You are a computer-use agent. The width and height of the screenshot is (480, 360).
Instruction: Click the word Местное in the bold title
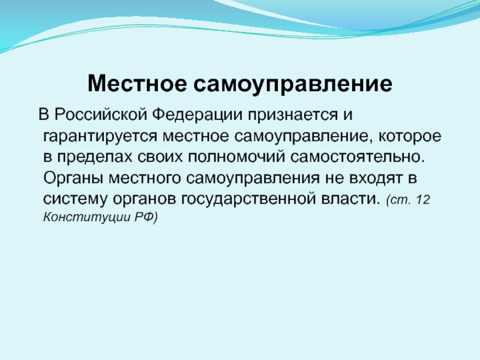pos(137,83)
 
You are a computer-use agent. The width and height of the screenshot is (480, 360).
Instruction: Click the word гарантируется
pos(100,137)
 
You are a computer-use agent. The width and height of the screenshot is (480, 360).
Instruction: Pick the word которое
pos(410,137)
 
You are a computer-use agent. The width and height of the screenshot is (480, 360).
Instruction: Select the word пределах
pos(95,157)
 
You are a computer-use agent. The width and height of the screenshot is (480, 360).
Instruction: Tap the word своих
pos(160,157)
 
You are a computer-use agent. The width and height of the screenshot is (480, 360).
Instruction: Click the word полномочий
pos(236,157)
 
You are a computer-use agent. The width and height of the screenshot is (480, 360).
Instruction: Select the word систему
pos(76,199)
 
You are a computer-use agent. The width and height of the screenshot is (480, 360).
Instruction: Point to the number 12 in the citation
pos(423,200)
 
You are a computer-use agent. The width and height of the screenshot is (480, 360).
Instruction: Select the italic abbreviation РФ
pos(143,217)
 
